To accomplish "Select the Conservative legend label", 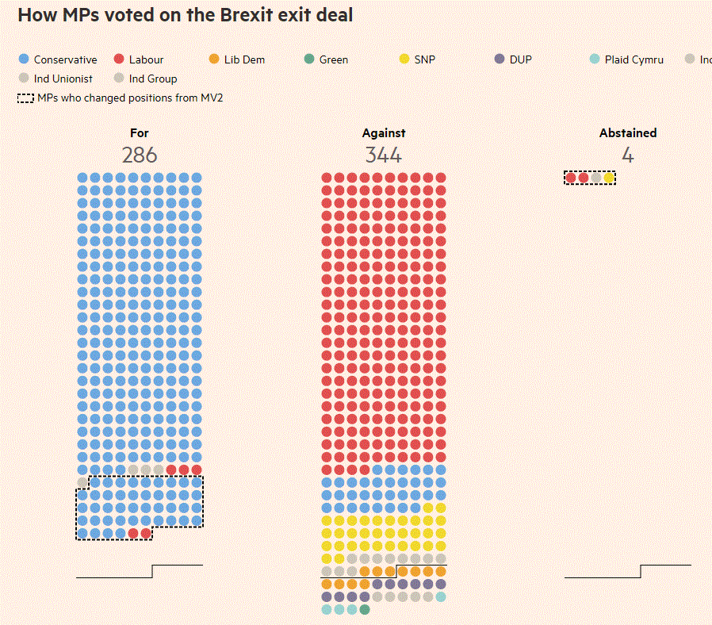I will coord(65,59).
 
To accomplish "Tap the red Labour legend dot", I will coord(119,59).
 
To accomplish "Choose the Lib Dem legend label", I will coord(244,59).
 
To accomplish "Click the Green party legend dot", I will coord(309,59).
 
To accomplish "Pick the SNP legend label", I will coord(424,59).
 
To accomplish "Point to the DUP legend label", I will coord(521,59).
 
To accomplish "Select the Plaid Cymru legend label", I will coord(634,59).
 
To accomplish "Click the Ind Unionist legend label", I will coord(63,79).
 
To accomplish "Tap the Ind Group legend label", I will coord(153,79).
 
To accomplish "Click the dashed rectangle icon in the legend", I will coord(25,98).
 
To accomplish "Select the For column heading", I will coord(140,133).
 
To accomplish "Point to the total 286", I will coord(140,155).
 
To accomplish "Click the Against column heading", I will coord(384,133).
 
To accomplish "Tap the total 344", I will coord(384,155).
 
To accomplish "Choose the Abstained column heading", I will coord(628,133).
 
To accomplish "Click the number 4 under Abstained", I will coord(628,155).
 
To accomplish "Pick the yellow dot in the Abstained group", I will coord(609,178).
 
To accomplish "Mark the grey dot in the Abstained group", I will coord(596,178).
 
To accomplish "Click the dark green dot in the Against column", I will coord(365,609).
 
